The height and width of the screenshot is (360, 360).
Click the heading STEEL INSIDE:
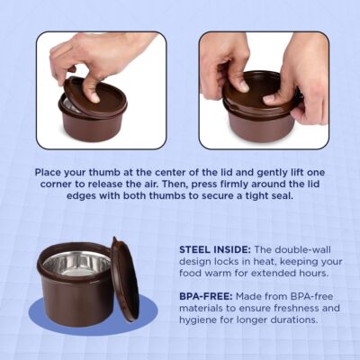(x=215, y=249)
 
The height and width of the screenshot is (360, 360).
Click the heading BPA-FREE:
(x=206, y=296)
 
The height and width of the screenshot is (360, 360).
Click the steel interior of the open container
(x=76, y=264)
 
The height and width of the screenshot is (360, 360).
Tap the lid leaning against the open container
(x=124, y=279)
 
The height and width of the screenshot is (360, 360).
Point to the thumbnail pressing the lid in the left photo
(x=95, y=97)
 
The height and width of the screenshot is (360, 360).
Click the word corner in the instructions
(x=55, y=184)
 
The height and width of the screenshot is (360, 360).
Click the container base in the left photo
(x=90, y=126)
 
